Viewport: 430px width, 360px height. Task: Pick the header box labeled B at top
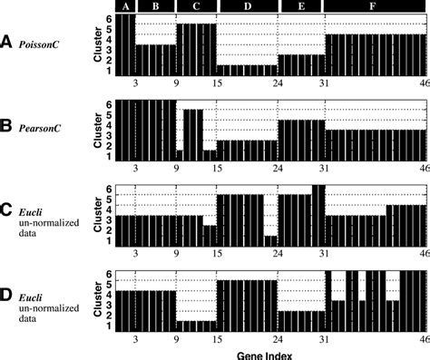[x=154, y=6]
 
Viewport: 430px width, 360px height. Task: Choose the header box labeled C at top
[x=195, y=6]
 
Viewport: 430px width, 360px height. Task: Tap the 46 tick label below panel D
[x=421, y=338]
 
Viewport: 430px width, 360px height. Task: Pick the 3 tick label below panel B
[x=134, y=169]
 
